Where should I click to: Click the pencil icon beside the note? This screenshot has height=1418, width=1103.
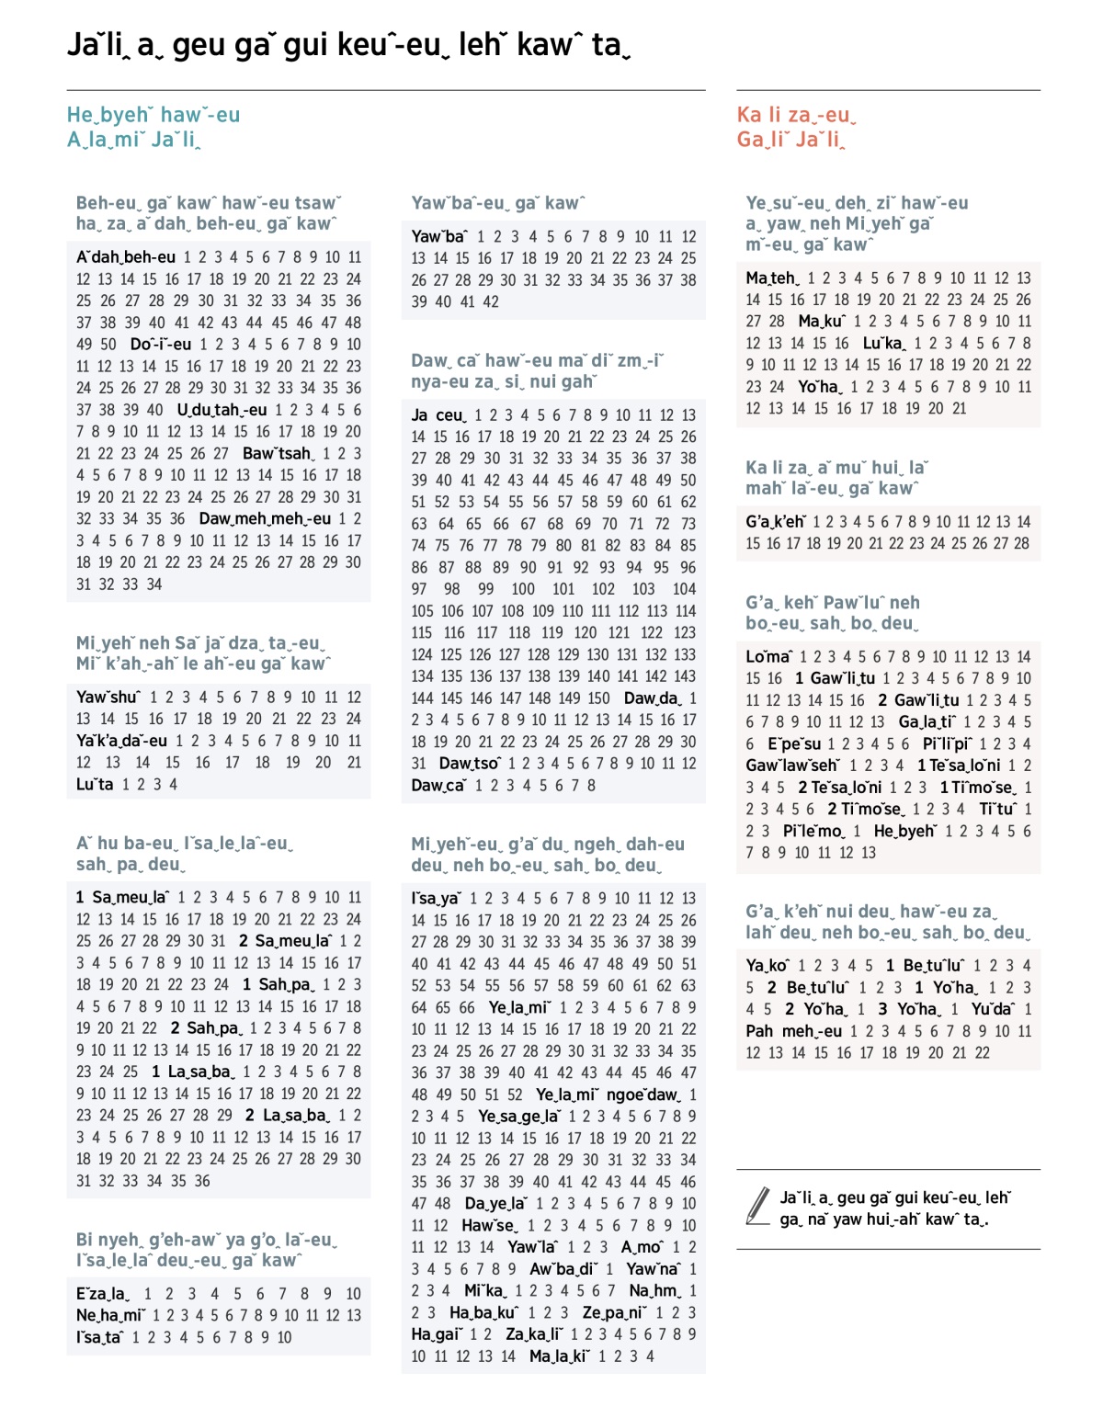pyautogui.click(x=758, y=1206)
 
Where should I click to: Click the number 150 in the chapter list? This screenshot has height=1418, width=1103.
pyautogui.click(x=598, y=698)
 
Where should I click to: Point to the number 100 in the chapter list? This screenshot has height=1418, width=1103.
pyautogui.click(x=523, y=589)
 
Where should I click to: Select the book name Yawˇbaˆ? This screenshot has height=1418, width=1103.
pyautogui.click(x=438, y=236)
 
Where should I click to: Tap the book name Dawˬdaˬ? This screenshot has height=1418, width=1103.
pyautogui.click(x=652, y=698)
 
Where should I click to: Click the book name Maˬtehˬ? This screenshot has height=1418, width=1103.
pyautogui.click(x=772, y=278)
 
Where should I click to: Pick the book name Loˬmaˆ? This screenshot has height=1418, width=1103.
pyautogui.click(x=768, y=656)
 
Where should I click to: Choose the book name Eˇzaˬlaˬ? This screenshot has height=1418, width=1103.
pyautogui.click(x=103, y=1293)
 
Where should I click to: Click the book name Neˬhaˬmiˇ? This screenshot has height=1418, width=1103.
pyautogui.click(x=109, y=1315)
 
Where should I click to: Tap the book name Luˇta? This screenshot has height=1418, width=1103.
pyautogui.click(x=95, y=784)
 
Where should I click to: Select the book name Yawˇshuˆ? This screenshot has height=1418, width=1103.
pyautogui.click(x=108, y=698)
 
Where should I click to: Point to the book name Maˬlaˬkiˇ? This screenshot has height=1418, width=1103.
pyautogui.click(x=559, y=1356)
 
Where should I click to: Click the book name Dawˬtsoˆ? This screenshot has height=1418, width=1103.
pyautogui.click(x=469, y=763)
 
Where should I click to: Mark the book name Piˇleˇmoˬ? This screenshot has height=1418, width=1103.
pyautogui.click(x=813, y=831)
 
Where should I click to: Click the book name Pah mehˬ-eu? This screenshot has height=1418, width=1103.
pyautogui.click(x=793, y=1031)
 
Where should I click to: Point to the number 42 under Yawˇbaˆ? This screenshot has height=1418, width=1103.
pyautogui.click(x=491, y=301)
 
